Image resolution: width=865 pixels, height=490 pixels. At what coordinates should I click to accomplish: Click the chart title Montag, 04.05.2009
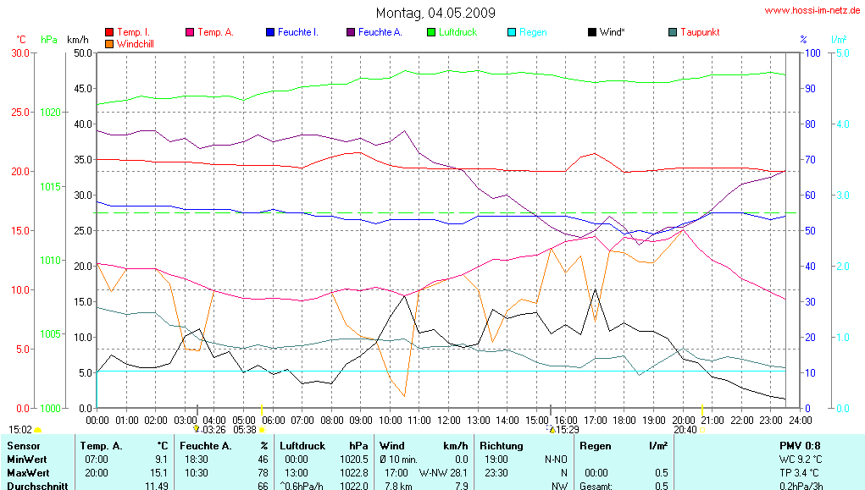[x=435, y=13]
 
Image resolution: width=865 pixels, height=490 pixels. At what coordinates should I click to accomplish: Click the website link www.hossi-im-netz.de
[x=812, y=11]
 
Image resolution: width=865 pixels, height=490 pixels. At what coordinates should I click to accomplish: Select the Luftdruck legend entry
[x=457, y=32]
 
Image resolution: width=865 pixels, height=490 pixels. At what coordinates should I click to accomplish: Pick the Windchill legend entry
[x=135, y=42]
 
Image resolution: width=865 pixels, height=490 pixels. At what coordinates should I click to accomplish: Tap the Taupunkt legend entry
[x=699, y=32]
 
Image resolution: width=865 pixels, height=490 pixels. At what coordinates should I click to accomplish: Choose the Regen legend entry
[x=533, y=32]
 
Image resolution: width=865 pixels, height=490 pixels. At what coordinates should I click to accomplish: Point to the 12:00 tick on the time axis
[x=448, y=420]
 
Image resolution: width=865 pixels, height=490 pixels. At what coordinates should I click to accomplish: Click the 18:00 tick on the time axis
[x=624, y=420]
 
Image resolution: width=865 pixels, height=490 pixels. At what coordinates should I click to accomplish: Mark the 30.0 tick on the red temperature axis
[x=19, y=52]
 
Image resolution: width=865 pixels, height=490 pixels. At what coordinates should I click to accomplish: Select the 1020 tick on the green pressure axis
[x=51, y=112]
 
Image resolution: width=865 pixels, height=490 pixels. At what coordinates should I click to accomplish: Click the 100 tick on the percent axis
[x=811, y=52]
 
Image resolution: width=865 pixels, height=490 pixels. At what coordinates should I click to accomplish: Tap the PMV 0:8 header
[x=800, y=445]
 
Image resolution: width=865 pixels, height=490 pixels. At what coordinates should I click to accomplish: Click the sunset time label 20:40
[x=685, y=430]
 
